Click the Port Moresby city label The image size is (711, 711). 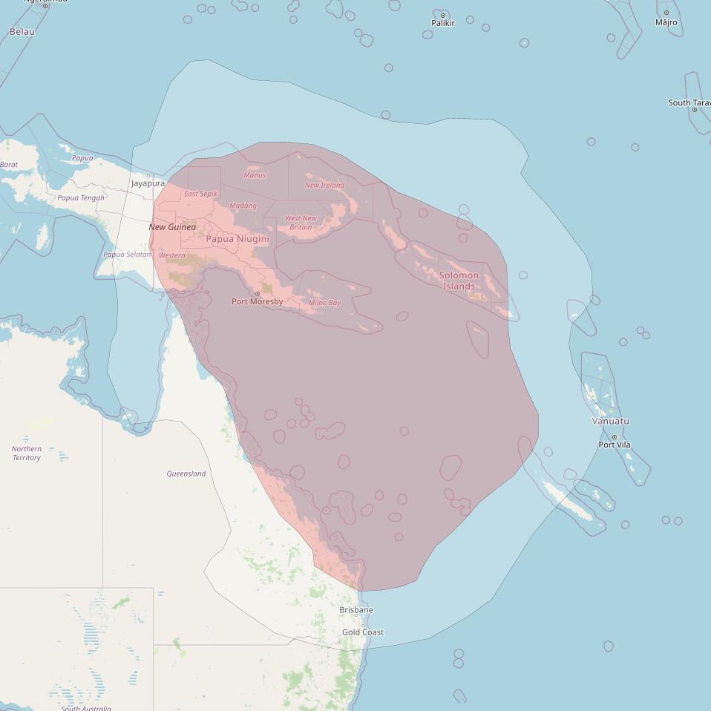click(x=257, y=302)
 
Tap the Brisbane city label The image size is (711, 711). click(x=356, y=610)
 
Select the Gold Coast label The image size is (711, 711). click(x=363, y=632)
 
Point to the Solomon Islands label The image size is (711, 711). click(x=459, y=281)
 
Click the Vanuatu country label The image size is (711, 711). click(x=610, y=421)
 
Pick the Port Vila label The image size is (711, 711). click(x=615, y=445)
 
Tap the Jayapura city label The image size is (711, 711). click(x=148, y=183)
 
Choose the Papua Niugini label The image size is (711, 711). click(x=237, y=239)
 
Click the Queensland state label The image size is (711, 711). click(x=186, y=474)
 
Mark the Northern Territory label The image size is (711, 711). click(x=27, y=453)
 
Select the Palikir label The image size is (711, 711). click(x=443, y=23)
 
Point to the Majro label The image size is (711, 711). click(x=666, y=22)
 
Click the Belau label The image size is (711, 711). click(x=22, y=32)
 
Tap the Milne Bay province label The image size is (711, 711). click(x=324, y=303)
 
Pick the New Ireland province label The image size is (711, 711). click(x=324, y=185)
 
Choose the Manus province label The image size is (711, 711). click(x=255, y=175)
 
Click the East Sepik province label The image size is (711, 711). click(x=201, y=194)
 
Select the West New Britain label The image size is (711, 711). click(x=301, y=223)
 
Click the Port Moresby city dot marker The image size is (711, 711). click(x=258, y=294)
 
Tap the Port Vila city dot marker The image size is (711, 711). click(x=615, y=437)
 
